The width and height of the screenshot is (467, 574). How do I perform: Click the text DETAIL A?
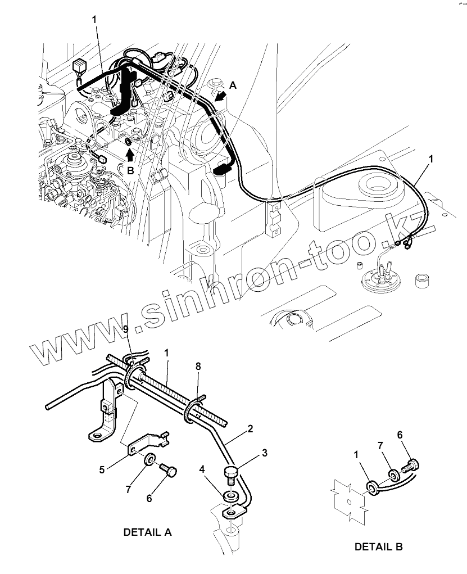(x=147, y=532)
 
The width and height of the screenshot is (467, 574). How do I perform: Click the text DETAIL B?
(x=378, y=546)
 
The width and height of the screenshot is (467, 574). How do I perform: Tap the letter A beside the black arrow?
(x=234, y=85)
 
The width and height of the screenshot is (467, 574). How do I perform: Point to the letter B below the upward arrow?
(x=130, y=171)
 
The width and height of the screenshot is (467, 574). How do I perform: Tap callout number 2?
(x=251, y=428)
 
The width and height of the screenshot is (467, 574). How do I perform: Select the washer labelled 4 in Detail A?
(x=229, y=496)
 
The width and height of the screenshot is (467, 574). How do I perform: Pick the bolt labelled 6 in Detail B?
(x=412, y=465)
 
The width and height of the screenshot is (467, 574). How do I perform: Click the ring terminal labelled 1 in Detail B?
(x=373, y=486)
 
